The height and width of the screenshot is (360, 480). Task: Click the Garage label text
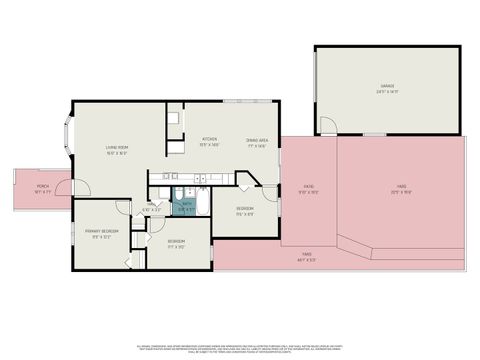386,88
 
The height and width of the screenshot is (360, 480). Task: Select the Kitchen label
210,139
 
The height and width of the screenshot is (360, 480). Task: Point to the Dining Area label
256,139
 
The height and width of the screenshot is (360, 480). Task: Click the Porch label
42,186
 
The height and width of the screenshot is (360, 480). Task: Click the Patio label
309,186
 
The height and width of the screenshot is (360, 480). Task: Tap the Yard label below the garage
400,186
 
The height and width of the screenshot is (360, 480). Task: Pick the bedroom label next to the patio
244,208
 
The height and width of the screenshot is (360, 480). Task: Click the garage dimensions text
386,93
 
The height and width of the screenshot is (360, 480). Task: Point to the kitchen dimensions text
210,145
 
